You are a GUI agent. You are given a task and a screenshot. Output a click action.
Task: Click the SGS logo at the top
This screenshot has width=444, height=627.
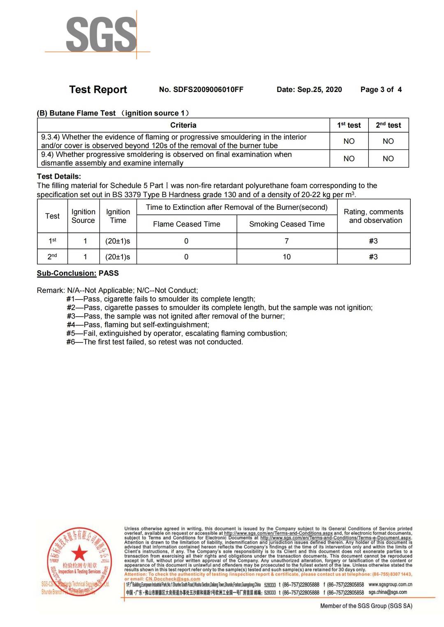pyautogui.click(x=101, y=34)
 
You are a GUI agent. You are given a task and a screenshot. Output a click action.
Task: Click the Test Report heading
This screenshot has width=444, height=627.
pyautogui.click(x=98, y=90)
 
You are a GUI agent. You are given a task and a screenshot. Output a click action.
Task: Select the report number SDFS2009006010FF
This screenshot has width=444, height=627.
pyautogui.click(x=201, y=90)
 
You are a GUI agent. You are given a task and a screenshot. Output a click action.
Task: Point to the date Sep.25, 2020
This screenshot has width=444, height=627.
pyautogui.click(x=309, y=90)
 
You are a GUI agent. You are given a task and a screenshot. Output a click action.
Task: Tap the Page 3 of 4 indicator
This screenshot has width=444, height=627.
pyautogui.click(x=381, y=90)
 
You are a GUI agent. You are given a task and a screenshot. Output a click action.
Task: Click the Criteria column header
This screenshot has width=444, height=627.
pyautogui.click(x=183, y=125)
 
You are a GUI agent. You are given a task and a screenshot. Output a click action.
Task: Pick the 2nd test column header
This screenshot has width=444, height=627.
pyautogui.click(x=388, y=125)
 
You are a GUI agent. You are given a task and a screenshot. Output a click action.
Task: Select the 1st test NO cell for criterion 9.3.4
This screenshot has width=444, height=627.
pyautogui.click(x=349, y=141)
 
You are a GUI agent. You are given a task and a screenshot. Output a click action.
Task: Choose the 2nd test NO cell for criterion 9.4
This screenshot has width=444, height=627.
pyautogui.click(x=388, y=158)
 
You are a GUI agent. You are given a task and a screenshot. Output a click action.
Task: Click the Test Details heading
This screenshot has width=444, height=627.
pyautogui.click(x=59, y=177)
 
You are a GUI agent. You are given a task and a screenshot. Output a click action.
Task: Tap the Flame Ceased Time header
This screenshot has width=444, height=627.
pyautogui.click(x=187, y=224)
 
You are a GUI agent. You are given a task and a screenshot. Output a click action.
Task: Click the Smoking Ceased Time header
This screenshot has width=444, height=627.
pyautogui.click(x=287, y=224)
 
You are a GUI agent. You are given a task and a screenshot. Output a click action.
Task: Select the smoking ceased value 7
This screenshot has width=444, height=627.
pyautogui.click(x=287, y=241)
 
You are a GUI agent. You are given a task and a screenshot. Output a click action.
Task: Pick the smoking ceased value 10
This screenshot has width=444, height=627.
pyautogui.click(x=287, y=257)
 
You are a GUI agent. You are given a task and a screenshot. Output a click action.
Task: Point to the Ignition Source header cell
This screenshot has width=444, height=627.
pyautogui.click(x=83, y=216)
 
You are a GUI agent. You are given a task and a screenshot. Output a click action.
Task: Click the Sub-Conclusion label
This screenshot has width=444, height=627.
pyautogui.click(x=67, y=273)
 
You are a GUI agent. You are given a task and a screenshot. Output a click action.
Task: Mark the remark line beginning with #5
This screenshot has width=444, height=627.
pyautogui.click(x=177, y=333)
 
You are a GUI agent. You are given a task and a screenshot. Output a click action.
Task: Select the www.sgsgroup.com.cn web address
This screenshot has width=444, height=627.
pyautogui.click(x=390, y=584)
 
